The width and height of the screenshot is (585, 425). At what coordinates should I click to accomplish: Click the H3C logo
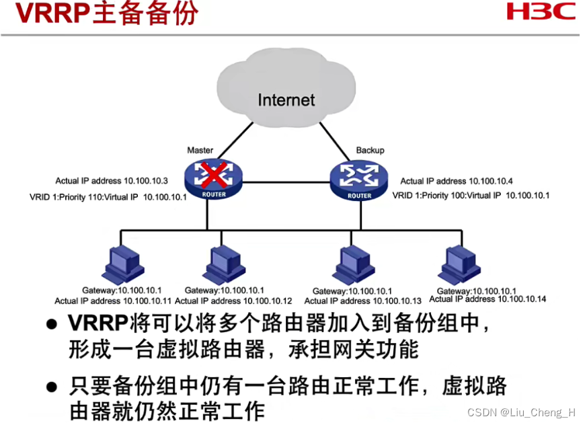pos(541,11)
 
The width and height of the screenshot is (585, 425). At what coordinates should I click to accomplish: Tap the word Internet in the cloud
pos(286,100)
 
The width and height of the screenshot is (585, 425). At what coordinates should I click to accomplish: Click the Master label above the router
pos(200,150)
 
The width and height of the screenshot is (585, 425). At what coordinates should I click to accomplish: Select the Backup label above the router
pos(370,150)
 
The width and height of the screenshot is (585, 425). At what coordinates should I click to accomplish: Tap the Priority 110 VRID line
pos(108,196)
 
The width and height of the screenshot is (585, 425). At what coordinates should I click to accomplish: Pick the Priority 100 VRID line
pos(471,196)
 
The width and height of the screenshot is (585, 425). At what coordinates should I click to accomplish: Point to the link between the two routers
pos(286,180)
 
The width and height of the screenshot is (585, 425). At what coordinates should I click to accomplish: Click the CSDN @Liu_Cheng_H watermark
pos(521,412)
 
